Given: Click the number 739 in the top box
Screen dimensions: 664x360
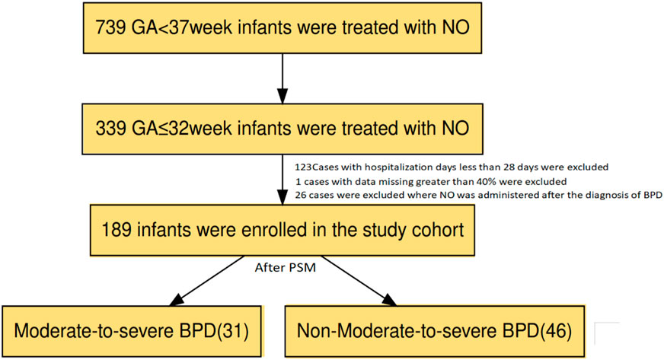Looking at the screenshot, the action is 110,28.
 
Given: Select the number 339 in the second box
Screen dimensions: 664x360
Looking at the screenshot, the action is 110,128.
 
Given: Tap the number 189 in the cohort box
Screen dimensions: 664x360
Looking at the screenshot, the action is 117,230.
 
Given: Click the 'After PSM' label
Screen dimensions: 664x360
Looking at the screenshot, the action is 286,268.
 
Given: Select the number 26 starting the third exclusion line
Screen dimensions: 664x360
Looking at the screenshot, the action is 301,196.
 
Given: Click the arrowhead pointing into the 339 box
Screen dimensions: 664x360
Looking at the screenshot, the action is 283,96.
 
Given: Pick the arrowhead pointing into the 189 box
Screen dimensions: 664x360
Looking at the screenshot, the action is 283,197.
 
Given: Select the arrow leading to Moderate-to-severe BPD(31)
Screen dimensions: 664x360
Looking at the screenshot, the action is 206,281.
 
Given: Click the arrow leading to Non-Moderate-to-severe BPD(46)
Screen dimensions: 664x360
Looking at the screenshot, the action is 359,281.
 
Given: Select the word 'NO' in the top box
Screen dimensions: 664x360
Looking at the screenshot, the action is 456,28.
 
